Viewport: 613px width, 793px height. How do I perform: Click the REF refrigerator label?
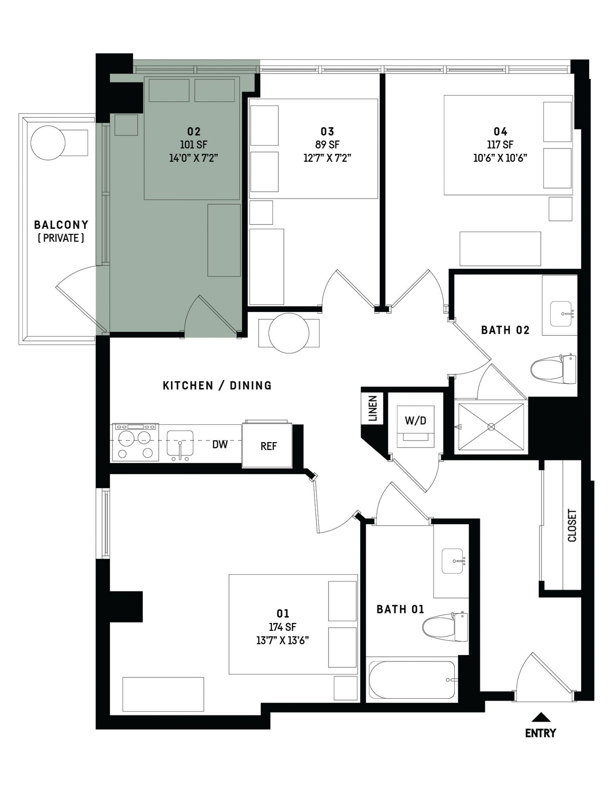click(x=269, y=446)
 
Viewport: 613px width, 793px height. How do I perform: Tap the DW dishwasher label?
click(x=220, y=444)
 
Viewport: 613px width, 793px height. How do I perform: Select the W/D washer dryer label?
click(x=415, y=420)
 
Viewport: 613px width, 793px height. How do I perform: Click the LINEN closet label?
click(x=372, y=408)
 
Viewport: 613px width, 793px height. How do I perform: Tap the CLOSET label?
click(x=572, y=525)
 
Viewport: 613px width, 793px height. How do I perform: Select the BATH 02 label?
click(x=505, y=330)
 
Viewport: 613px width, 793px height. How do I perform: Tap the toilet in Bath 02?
click(x=553, y=369)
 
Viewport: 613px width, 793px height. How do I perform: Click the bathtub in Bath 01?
click(x=412, y=680)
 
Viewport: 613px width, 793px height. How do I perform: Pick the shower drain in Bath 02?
click(x=491, y=427)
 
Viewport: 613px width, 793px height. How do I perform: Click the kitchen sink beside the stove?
click(x=180, y=443)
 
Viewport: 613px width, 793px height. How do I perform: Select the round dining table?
click(x=289, y=333)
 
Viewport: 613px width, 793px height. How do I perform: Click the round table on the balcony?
click(x=48, y=143)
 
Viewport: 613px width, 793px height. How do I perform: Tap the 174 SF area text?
click(x=282, y=627)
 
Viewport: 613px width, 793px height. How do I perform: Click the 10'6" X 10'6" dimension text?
click(x=500, y=158)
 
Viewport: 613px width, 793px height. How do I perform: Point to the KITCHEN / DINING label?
click(x=217, y=385)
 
